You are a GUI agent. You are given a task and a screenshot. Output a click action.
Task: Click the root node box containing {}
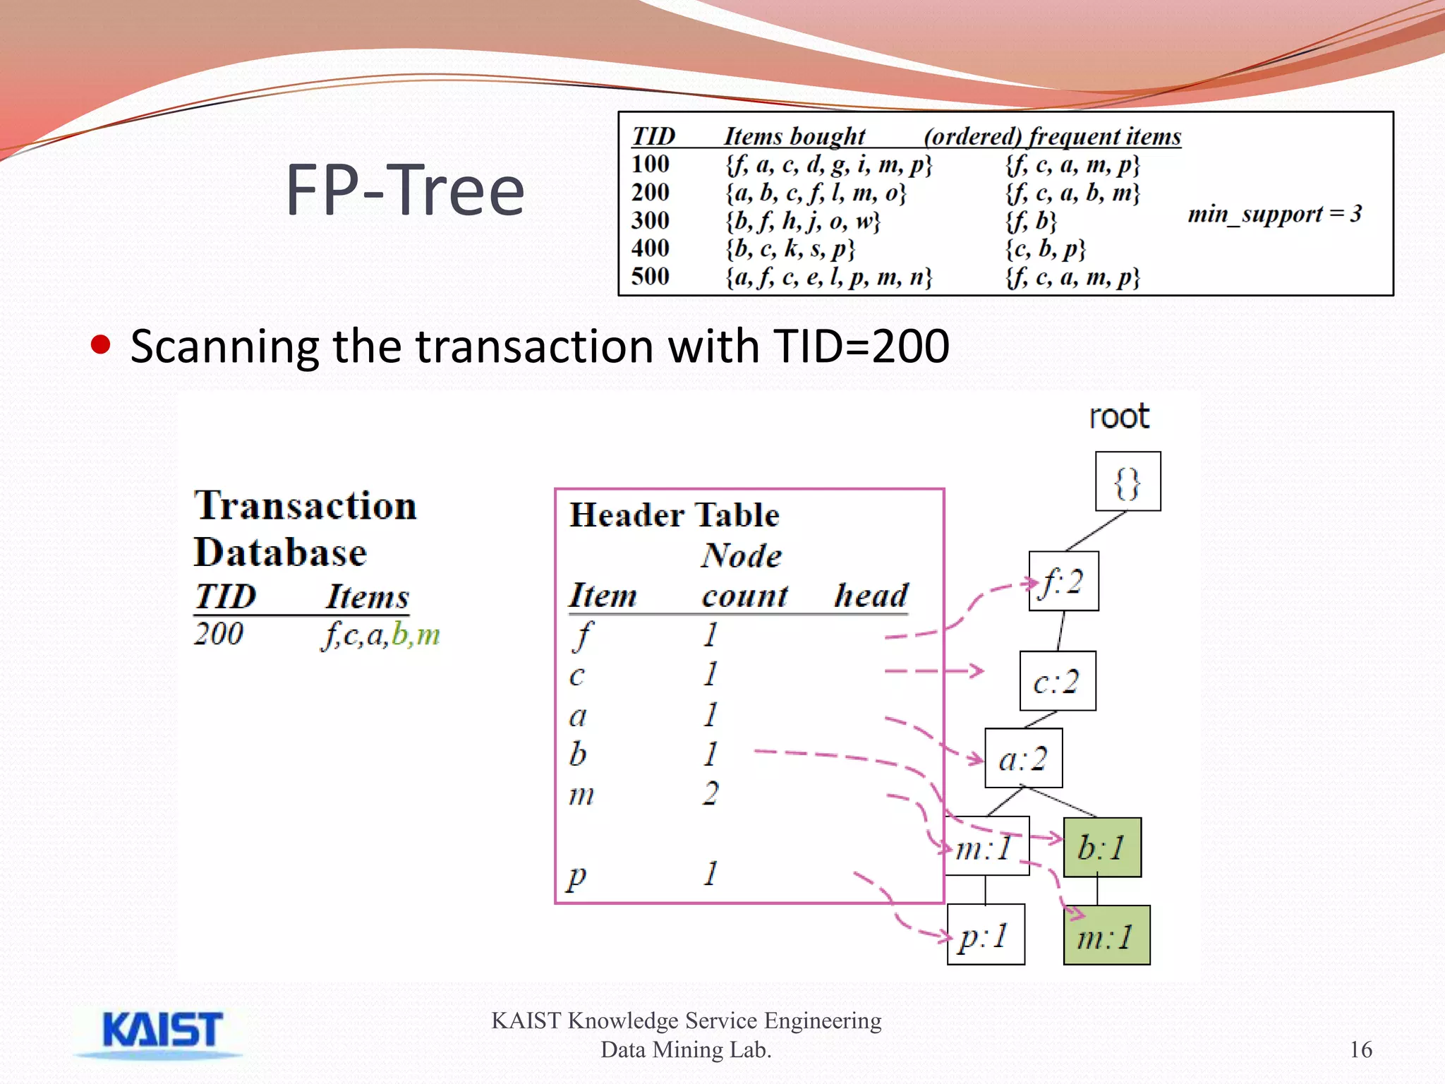click(x=1127, y=481)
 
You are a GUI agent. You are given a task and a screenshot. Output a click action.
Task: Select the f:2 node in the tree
click(x=1063, y=582)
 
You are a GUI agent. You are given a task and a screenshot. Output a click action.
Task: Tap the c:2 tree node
click(x=1057, y=681)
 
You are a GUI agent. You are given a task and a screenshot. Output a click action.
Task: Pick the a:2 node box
click(x=1023, y=759)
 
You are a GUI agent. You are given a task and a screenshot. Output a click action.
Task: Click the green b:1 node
click(x=1101, y=847)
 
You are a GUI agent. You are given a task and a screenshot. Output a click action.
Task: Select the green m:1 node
click(x=1106, y=936)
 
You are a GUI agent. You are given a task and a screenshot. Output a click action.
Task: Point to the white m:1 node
click(x=986, y=846)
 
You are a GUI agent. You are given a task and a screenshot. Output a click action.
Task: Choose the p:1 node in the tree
click(x=985, y=935)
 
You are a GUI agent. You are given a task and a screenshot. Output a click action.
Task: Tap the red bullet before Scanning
click(x=101, y=345)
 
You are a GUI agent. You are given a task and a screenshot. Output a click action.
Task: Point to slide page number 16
click(x=1360, y=1049)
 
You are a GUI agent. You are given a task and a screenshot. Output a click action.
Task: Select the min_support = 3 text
click(x=1274, y=213)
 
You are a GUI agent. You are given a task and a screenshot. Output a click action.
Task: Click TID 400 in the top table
click(x=650, y=248)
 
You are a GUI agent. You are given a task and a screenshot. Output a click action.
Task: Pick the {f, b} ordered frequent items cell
click(x=1031, y=221)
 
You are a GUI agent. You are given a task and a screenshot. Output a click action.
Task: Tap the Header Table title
click(x=674, y=514)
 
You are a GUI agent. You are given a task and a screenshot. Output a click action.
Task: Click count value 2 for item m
click(x=711, y=793)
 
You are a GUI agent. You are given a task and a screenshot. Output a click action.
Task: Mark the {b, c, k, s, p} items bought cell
click(x=790, y=248)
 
